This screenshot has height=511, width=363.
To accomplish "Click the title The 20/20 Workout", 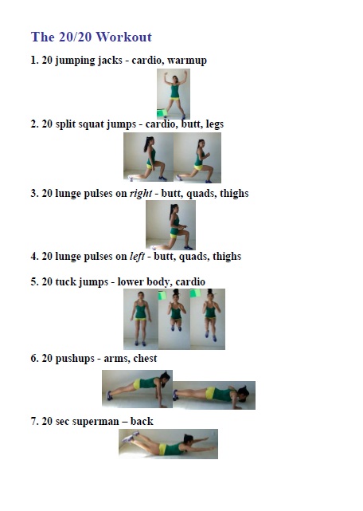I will (91, 37).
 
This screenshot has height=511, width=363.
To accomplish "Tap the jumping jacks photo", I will (173, 94).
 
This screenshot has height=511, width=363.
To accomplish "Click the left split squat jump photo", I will (147, 157).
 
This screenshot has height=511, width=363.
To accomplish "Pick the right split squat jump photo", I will (197, 157).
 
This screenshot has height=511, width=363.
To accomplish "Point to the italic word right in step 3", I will (141, 193).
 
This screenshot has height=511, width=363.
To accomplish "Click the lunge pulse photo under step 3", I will (170, 225).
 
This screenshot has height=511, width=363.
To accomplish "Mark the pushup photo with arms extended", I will (137, 389).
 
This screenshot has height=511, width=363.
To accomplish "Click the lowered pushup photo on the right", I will (214, 395).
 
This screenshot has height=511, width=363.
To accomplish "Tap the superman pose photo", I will (168, 443).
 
